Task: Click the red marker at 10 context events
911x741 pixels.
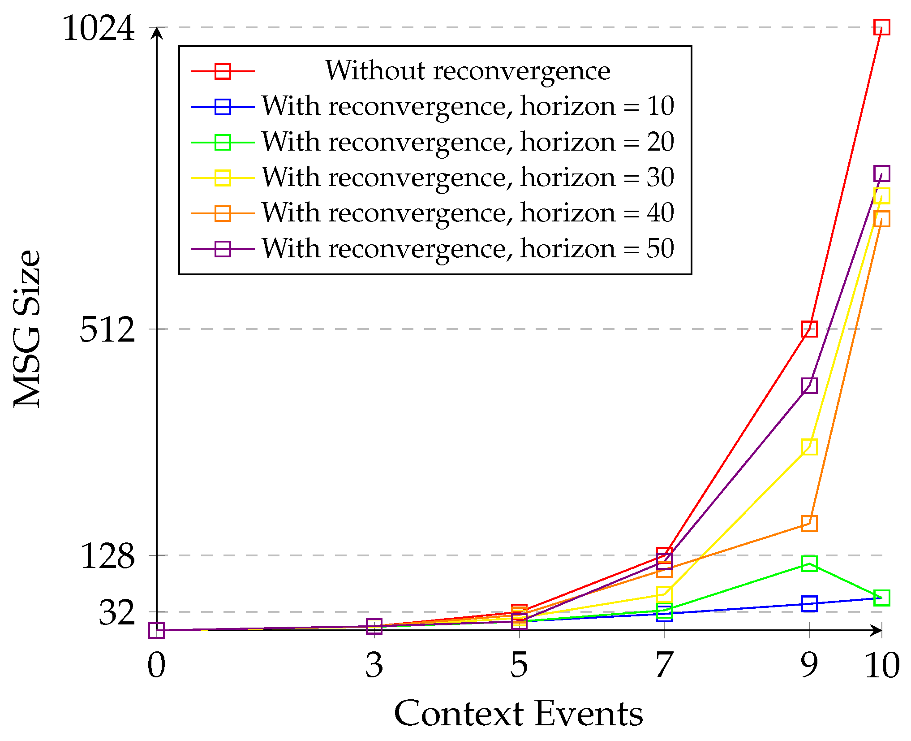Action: click(881, 27)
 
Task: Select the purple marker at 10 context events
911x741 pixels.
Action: click(881, 173)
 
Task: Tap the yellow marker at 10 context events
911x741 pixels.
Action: click(881, 195)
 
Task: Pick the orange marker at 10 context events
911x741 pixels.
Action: click(881, 219)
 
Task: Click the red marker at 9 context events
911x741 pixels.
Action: click(809, 329)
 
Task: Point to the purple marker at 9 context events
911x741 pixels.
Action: click(809, 386)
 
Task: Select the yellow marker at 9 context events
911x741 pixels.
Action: click(809, 447)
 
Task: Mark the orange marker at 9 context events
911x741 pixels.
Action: click(809, 524)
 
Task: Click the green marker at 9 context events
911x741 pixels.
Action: click(809, 563)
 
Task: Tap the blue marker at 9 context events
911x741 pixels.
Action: click(809, 604)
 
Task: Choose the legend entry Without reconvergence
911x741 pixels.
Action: click(467, 71)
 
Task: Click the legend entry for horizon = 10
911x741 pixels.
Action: click(467, 107)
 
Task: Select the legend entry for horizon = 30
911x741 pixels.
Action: click(467, 178)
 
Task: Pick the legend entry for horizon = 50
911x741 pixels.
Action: click(467, 249)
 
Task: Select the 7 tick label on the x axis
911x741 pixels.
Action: click(664, 665)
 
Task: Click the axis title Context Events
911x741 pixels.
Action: click(518, 713)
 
